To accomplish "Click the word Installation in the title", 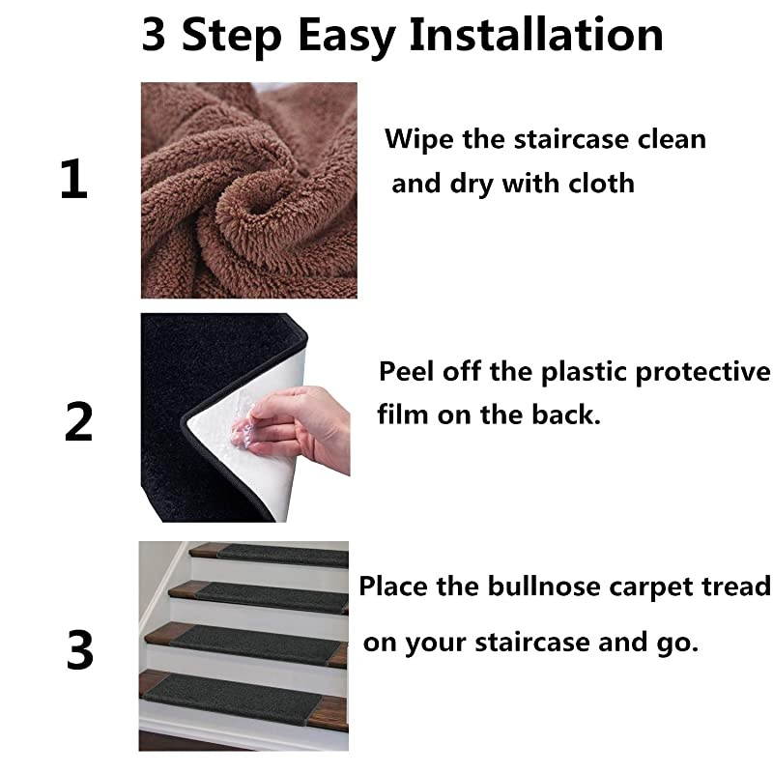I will pos(536,35).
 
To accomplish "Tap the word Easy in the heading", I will pos(349,35).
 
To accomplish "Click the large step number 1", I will pos(73,181).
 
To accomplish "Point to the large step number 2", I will pos(78,423).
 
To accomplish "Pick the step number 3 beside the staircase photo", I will pos(80,651).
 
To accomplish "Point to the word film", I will pos(403,415).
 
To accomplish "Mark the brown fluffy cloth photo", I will pos(248,190).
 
